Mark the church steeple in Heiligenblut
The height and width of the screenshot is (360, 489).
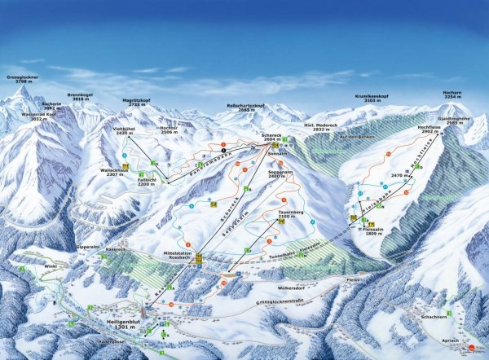[146, 309]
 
